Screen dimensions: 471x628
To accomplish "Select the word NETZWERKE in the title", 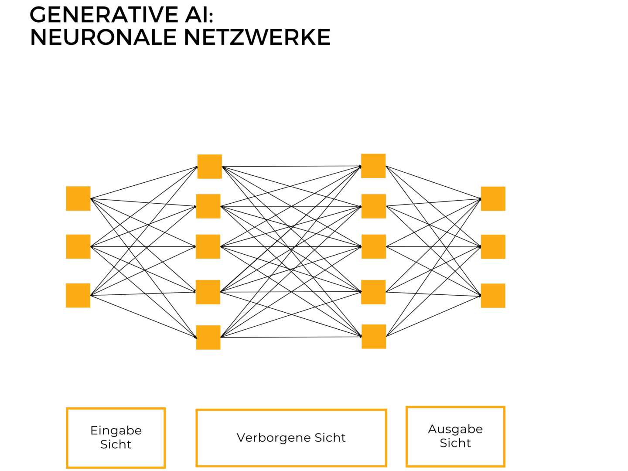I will pyautogui.click(x=257, y=38).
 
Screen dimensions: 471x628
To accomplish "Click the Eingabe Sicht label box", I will pyautogui.click(x=116, y=438).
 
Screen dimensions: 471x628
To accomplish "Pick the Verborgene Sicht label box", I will pyautogui.click(x=291, y=438).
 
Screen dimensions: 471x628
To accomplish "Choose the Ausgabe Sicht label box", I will pyautogui.click(x=455, y=437).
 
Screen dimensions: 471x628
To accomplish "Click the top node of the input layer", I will pyautogui.click(x=78, y=198).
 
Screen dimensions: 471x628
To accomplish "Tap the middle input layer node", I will pyautogui.click(x=78, y=246).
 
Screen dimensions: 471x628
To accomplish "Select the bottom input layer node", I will pyautogui.click(x=78, y=295).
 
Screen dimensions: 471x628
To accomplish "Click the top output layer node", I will pyautogui.click(x=493, y=198).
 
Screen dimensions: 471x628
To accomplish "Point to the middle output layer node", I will pyautogui.click(x=493, y=247).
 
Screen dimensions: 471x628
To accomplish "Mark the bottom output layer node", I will pyautogui.click(x=493, y=296).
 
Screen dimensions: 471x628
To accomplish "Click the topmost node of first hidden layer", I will pyautogui.click(x=210, y=166).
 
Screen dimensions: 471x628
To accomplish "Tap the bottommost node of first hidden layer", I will pyautogui.click(x=208, y=337).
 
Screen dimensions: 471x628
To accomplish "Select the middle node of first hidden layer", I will pyautogui.click(x=208, y=246).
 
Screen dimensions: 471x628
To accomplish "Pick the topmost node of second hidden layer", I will pyautogui.click(x=373, y=166).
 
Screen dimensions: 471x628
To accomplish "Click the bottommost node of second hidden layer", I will pyautogui.click(x=374, y=336).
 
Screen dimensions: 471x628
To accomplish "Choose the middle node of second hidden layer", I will pyautogui.click(x=374, y=246).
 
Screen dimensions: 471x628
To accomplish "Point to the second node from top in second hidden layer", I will pyautogui.click(x=374, y=206).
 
